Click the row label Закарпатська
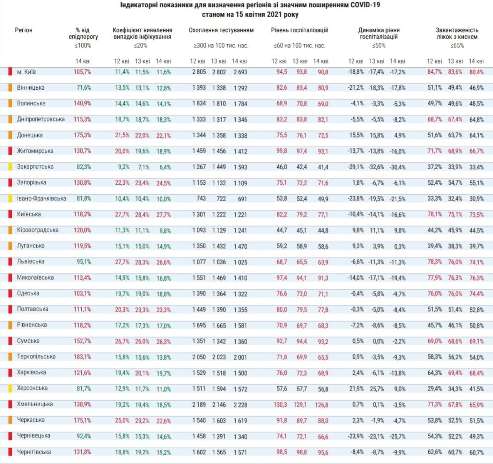point(35,167)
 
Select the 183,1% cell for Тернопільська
point(82,357)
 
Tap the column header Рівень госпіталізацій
point(299,30)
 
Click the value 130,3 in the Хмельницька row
point(280,404)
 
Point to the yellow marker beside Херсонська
point(10,388)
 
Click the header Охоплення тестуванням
point(221,30)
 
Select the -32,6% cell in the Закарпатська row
point(376,167)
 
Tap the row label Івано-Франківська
point(41,199)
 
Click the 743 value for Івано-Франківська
point(201,199)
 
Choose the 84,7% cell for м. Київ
point(434,72)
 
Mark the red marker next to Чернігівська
point(10,452)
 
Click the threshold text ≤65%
point(457,45)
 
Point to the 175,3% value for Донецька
point(82,135)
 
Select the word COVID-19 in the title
point(362,5)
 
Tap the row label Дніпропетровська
point(40,119)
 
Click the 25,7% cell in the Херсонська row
point(376,389)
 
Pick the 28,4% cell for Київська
point(142,215)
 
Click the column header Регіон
point(23,30)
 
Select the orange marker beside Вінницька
point(10,88)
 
